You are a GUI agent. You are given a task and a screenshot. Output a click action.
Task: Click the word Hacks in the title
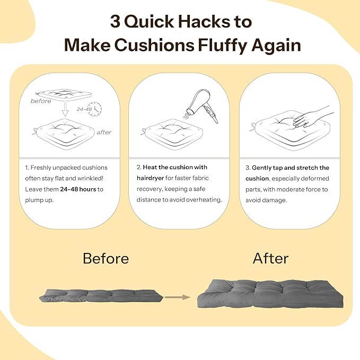coord(204,21)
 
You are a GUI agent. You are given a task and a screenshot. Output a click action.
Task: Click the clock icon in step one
coord(95,109)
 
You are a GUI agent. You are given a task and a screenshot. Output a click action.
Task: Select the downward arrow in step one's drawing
coord(65,110)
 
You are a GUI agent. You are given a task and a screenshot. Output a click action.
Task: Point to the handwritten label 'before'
coord(41,101)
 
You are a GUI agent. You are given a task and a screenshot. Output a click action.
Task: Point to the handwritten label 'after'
coord(104,132)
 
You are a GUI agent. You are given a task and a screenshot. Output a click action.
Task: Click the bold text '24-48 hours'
coord(78,189)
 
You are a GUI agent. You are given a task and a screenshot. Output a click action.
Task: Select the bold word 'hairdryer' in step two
coord(151,178)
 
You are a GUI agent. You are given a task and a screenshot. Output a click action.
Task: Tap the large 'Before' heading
coord(106,258)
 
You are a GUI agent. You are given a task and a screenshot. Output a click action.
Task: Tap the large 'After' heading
coord(271,258)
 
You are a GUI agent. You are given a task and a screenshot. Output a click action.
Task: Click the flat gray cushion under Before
coord(101,296)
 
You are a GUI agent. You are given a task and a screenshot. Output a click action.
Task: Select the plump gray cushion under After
coord(270,294)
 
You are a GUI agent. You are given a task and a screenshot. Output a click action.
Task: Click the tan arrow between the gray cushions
coord(178,297)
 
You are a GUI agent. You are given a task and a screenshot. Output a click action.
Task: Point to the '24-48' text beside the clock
coord(84,109)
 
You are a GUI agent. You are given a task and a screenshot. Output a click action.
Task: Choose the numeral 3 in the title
coord(115,22)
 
